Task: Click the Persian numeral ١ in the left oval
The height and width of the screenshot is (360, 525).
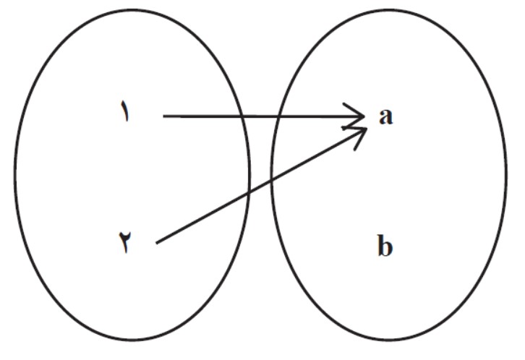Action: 124,111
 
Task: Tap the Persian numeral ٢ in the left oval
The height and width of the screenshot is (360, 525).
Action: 125,241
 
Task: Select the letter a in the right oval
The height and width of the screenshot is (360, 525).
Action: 385,116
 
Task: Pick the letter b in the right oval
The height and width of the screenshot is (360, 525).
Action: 385,245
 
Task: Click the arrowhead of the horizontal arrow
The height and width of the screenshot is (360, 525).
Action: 364,116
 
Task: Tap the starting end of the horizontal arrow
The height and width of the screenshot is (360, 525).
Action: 163,116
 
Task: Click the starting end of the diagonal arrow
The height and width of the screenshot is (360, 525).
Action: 157,243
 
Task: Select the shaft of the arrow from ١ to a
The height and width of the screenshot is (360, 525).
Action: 263,116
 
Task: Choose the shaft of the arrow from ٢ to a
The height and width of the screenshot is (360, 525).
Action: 262,186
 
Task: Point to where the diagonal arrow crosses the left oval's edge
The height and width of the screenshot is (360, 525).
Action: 249,193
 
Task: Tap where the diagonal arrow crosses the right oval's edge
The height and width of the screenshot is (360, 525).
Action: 272,181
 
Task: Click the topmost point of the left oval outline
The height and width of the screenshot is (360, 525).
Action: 132,9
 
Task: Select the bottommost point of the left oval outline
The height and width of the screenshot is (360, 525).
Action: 132,340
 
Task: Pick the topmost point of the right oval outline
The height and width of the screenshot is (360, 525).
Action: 388,9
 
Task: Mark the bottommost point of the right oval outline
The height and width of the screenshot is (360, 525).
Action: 388,340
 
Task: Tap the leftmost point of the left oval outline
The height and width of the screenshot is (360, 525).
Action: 15,175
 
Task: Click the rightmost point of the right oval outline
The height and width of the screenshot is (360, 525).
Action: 506,175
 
